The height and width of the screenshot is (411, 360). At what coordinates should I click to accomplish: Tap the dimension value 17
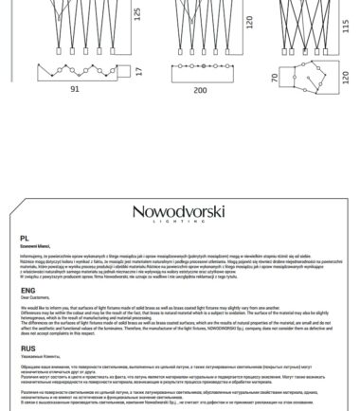(x=138, y=71)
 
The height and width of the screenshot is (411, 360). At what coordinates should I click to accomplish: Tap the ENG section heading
(x=25, y=289)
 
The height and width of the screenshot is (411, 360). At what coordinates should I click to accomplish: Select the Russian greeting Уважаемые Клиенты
(x=38, y=353)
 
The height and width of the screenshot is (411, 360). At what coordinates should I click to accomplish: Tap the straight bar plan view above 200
(x=200, y=72)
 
